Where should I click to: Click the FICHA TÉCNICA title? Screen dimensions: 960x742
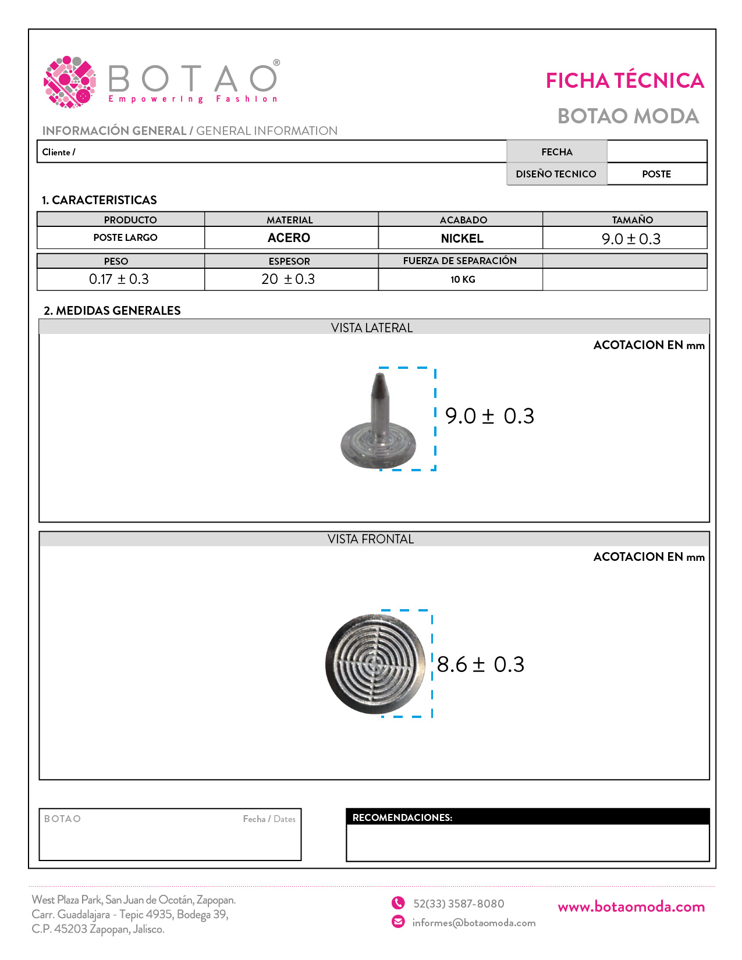pos(624,81)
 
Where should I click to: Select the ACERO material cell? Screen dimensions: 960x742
pos(289,238)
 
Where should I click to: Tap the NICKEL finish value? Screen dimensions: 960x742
pos(462,239)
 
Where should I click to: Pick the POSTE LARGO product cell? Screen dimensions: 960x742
pos(125,237)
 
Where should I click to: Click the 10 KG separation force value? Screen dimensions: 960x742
pos(463,279)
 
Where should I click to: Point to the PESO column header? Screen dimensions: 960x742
pos(116,261)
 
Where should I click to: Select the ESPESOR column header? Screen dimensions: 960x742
pos(289,261)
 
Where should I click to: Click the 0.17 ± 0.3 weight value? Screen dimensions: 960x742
pos(119,279)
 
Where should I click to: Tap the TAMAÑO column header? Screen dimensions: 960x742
pos(632,220)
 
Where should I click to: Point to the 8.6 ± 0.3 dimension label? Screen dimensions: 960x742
pos(480,664)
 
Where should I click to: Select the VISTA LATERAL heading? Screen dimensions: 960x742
pos(372,328)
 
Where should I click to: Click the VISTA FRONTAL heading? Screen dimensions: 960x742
pos(371,539)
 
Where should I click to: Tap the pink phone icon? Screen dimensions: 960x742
pos(398,903)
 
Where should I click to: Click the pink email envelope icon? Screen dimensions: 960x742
pos(398,922)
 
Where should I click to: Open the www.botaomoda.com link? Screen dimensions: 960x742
pos(631,906)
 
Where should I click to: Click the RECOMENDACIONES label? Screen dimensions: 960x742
pos(402,817)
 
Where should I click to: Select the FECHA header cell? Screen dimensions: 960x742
pos(557,152)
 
